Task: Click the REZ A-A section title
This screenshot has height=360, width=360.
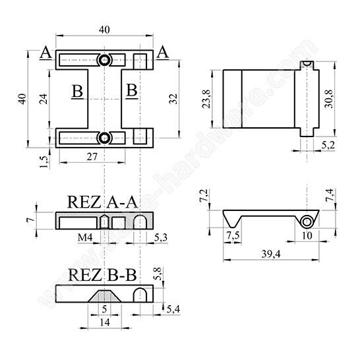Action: click(x=103, y=202)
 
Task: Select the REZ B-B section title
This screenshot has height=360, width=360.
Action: click(x=103, y=274)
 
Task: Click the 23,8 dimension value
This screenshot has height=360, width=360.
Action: click(x=208, y=100)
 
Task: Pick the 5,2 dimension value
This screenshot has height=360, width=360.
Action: click(x=327, y=144)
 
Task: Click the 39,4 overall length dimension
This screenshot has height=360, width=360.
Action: click(x=269, y=255)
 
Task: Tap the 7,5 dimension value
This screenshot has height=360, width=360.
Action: click(x=233, y=235)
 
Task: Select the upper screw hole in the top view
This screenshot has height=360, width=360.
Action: click(x=104, y=60)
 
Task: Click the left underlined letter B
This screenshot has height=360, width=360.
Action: click(x=77, y=91)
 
